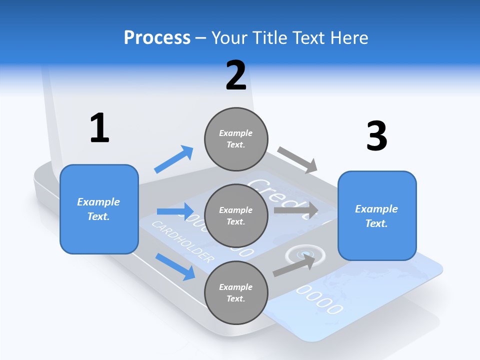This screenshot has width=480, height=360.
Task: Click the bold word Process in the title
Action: (x=157, y=37)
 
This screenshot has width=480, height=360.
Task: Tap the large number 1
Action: (x=99, y=128)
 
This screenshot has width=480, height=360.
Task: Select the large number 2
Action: (x=236, y=75)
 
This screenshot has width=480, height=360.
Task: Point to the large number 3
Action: (x=377, y=136)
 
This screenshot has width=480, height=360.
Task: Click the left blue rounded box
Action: (x=99, y=209)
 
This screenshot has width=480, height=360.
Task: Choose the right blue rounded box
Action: (x=377, y=216)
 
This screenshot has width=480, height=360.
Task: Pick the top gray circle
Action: (x=236, y=138)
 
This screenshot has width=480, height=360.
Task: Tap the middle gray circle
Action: (x=236, y=215)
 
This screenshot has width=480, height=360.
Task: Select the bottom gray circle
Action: (x=236, y=292)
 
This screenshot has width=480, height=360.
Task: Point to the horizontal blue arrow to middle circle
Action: (x=175, y=211)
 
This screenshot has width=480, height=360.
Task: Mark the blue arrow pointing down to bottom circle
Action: (x=175, y=266)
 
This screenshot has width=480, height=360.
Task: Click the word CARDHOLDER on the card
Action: (x=182, y=241)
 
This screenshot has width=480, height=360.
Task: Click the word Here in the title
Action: (x=350, y=37)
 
